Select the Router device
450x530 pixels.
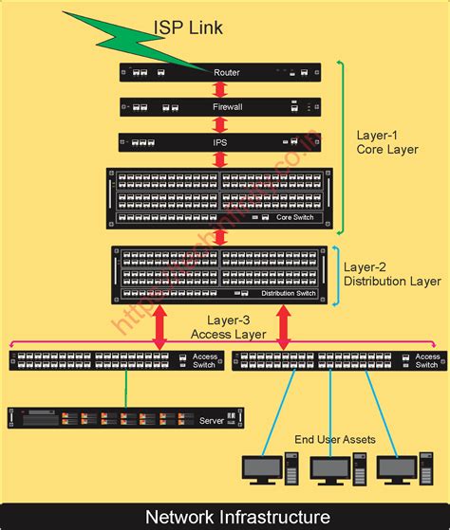(219, 72)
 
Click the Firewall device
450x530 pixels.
(219, 107)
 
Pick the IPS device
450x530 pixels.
(219, 142)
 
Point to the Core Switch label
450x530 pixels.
(295, 218)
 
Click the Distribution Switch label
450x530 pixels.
(289, 294)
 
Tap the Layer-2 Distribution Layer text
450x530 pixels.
(391, 274)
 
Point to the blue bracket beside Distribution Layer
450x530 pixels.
(333, 276)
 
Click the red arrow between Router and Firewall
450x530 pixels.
(219, 89)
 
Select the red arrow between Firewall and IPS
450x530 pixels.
(219, 124)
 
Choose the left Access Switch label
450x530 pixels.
(205, 361)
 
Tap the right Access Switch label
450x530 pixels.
(427, 361)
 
